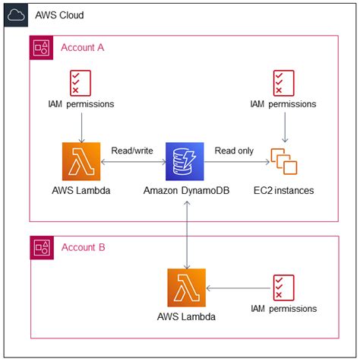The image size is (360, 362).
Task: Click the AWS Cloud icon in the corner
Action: pyautogui.click(x=16, y=15)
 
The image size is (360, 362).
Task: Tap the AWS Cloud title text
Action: pyautogui.click(x=59, y=15)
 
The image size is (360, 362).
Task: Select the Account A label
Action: pyautogui.click(x=83, y=47)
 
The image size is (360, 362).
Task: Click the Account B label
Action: pyautogui.click(x=84, y=247)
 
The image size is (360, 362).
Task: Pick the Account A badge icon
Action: pyautogui.click(x=41, y=48)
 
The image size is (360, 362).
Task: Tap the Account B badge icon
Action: pyautogui.click(x=42, y=248)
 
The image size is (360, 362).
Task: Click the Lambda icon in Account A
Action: pyautogui.click(x=81, y=161)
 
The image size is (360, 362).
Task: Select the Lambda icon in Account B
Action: pyautogui.click(x=187, y=287)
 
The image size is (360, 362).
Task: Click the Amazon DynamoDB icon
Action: pyautogui.click(x=185, y=161)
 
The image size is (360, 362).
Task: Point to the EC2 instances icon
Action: pyautogui.click(x=284, y=161)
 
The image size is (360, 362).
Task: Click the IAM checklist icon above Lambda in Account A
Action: pyautogui.click(x=81, y=83)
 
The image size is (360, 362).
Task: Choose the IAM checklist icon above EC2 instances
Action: pyautogui.click(x=284, y=83)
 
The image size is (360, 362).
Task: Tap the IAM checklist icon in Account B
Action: pyautogui.click(x=284, y=287)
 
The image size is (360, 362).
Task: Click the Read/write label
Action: pyautogui.click(x=132, y=151)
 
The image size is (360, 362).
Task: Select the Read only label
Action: pyautogui.click(x=234, y=151)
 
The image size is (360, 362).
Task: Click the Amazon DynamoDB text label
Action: pyautogui.click(x=187, y=190)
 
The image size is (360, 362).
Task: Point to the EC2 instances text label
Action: pyautogui.click(x=284, y=190)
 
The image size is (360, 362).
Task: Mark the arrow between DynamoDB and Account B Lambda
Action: pyautogui.click(x=187, y=235)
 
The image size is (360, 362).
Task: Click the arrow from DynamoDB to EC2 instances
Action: pyautogui.click(x=237, y=162)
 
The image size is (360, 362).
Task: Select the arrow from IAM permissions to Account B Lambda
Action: pyautogui.click(x=238, y=288)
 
